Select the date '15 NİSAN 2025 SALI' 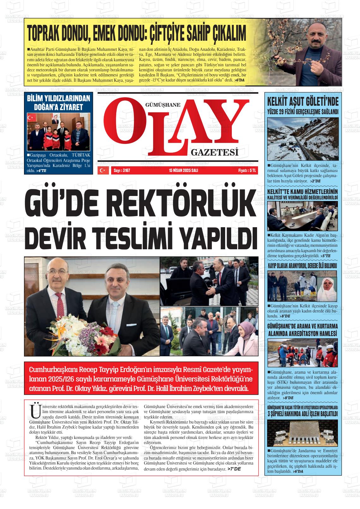click(x=183, y=170)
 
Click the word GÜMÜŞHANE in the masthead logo click(x=163, y=105)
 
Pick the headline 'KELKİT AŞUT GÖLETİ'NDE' click(x=303, y=102)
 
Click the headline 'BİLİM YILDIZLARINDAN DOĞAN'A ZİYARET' click(x=58, y=103)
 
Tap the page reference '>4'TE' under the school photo click(x=41, y=171)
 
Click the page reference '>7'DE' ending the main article click(x=234, y=469)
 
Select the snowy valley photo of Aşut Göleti click(x=303, y=139)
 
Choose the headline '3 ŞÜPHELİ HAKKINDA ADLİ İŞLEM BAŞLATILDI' click(x=303, y=413)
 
